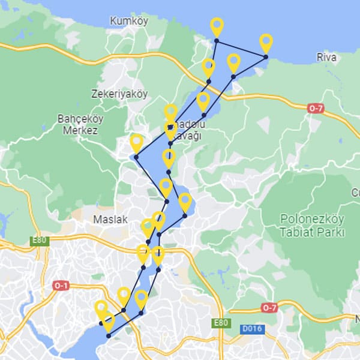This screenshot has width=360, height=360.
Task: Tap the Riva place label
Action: pos(327,58)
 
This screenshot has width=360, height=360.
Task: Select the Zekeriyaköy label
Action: pos(119,94)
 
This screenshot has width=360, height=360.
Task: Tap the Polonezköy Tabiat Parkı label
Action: pos(312,224)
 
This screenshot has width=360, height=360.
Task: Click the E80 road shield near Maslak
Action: pos(40,241)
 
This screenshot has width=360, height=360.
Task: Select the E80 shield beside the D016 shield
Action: pos(220,323)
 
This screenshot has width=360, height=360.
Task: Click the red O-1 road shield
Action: pos(61,285)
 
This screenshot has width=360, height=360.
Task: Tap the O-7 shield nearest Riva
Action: pos(316,109)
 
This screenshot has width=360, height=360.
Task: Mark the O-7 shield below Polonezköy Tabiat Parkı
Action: pos(269,307)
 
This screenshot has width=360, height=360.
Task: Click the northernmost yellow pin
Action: pos(217,26)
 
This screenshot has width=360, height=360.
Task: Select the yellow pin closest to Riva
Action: pos(266,43)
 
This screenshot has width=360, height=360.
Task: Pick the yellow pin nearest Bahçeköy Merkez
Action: pos(136,143)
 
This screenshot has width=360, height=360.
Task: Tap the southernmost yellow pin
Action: pos(108,322)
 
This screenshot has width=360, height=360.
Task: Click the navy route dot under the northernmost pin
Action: pos(217,40)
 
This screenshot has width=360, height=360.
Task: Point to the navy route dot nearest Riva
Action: pos(266,57)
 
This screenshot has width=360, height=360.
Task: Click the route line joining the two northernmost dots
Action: pos(241,49)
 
